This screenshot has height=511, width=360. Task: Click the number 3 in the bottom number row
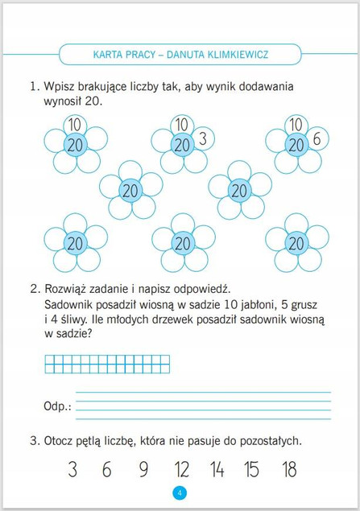pyautogui.click(x=72, y=470)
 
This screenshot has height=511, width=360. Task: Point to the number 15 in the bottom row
pyautogui.click(x=253, y=470)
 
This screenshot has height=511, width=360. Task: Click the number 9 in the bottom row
pyautogui.click(x=143, y=470)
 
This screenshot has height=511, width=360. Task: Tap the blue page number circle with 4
pyautogui.click(x=180, y=493)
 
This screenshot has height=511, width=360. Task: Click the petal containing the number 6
pyautogui.click(x=317, y=138)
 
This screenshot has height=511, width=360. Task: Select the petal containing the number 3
pyautogui.click(x=202, y=138)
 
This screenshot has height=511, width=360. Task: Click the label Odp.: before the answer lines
pyautogui.click(x=57, y=407)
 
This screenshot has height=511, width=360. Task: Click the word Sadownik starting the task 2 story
pyautogui.click(x=68, y=305)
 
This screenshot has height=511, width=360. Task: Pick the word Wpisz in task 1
pyautogui.click(x=60, y=86)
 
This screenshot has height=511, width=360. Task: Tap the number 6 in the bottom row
pyautogui.click(x=107, y=470)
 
